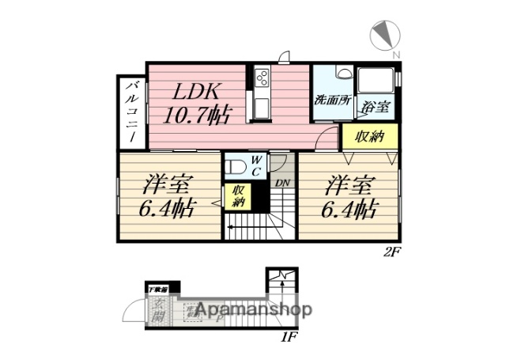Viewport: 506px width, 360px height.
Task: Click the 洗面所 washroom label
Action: pyautogui.click(x=332, y=100)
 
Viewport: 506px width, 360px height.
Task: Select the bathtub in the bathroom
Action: pyautogui.click(x=376, y=82)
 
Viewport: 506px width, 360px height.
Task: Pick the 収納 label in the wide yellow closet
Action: pyautogui.click(x=368, y=136)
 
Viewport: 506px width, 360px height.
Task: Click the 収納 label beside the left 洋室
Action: pyautogui.click(x=239, y=195)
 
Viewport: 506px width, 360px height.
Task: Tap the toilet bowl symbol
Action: pyautogui.click(x=236, y=167)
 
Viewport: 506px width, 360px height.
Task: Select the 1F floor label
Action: pyautogui.click(x=289, y=338)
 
